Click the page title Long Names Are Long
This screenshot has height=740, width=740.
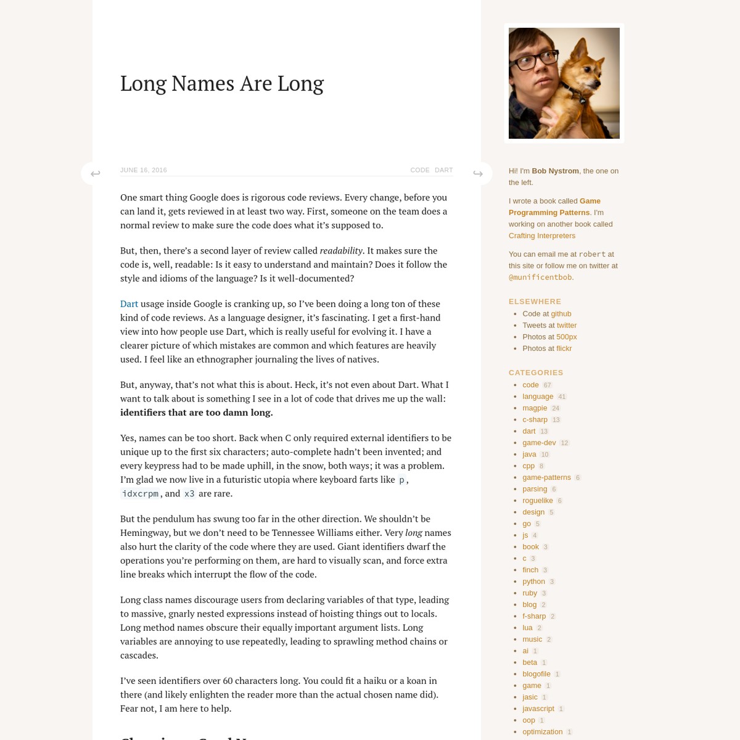(x=222, y=83)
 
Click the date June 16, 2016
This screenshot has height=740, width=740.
(x=144, y=170)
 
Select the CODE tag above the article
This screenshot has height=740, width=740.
(x=420, y=170)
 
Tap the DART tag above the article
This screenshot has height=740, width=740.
(x=444, y=170)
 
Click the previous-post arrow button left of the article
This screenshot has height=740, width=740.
(x=95, y=174)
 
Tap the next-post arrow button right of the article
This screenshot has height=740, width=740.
(x=478, y=174)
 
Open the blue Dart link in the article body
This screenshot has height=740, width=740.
(x=129, y=304)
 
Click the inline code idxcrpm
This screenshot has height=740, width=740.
(x=141, y=494)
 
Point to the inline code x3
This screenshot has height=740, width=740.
(x=189, y=494)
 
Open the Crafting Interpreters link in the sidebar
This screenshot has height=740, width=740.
(x=542, y=236)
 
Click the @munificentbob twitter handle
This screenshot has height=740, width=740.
(x=540, y=277)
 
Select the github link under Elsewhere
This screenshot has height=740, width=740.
(x=561, y=314)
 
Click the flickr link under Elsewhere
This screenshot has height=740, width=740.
(x=564, y=348)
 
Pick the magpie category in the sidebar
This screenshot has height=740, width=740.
(x=535, y=408)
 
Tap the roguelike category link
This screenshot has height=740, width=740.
(x=538, y=501)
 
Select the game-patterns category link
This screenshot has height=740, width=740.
(x=546, y=477)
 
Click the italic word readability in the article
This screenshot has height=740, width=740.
(x=341, y=251)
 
